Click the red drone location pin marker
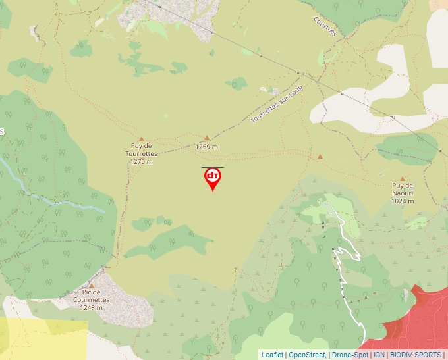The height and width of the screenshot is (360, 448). click(x=212, y=178)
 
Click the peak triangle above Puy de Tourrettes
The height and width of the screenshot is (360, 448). click(x=141, y=139)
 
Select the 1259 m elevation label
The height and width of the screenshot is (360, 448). click(x=206, y=147)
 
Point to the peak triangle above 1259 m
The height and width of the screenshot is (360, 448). click(x=206, y=138)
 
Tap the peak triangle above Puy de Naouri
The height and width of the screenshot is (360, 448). click(x=402, y=178)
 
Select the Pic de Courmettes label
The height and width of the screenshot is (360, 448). click(x=92, y=299)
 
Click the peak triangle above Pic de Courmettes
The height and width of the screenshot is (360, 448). click(x=92, y=285)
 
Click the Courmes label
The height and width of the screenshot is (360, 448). click(x=325, y=26)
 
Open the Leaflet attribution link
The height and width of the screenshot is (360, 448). click(x=272, y=355)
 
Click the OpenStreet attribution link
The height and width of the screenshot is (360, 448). click(x=306, y=355)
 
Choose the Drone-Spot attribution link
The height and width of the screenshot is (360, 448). click(x=350, y=355)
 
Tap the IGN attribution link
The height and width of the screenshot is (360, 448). click(x=379, y=355)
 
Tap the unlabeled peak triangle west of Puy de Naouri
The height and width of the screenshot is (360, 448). click(x=320, y=157)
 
